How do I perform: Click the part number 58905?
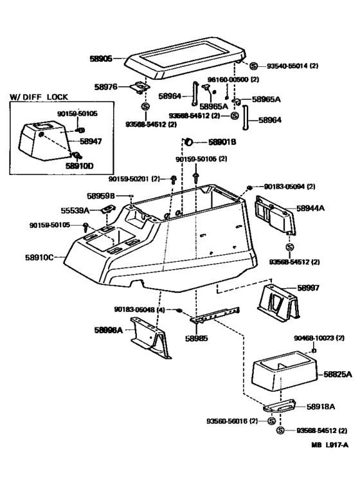(100, 58)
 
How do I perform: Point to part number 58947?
(91, 141)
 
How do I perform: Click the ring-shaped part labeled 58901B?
(190, 142)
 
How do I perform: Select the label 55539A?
(77, 210)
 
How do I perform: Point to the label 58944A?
(310, 208)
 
